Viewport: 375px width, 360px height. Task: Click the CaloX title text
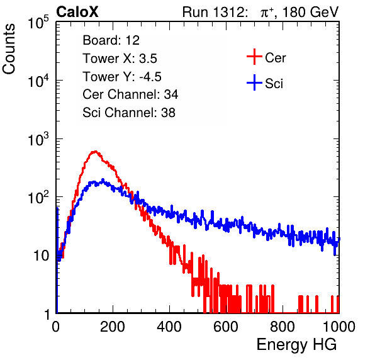(77, 12)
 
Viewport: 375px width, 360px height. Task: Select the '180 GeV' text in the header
(310, 12)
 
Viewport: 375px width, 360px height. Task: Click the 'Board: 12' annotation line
(111, 40)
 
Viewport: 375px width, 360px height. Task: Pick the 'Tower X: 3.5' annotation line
(120, 59)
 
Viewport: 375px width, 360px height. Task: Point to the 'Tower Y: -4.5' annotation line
(122, 77)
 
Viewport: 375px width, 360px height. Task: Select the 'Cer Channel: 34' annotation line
(130, 94)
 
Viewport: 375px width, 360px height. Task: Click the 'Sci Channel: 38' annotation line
(129, 113)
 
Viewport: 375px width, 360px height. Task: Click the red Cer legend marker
(254, 57)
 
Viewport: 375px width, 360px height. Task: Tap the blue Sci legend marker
(254, 83)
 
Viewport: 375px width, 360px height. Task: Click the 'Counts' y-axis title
(9, 49)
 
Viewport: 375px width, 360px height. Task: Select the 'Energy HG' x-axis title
(296, 345)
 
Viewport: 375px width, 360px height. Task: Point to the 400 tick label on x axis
(169, 326)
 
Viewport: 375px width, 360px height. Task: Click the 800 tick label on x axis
(283, 326)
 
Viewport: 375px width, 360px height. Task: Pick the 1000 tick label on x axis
(339, 326)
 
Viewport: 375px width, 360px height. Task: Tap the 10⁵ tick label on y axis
(38, 22)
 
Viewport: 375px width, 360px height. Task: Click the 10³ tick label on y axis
(38, 139)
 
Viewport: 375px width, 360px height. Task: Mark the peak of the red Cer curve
(95, 151)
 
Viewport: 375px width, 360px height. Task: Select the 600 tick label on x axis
(226, 326)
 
